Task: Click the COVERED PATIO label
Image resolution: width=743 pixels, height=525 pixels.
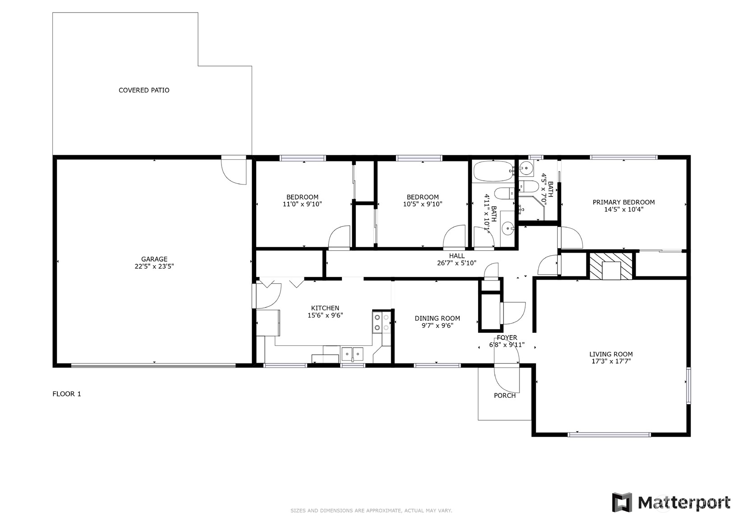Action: [x=144, y=90]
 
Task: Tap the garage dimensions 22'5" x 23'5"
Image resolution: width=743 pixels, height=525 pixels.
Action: [x=154, y=267]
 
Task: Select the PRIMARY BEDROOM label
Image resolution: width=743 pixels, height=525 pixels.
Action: [x=623, y=202]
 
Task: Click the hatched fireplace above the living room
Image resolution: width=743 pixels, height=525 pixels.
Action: [x=611, y=266]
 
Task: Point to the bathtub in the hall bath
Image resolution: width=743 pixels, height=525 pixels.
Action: [x=493, y=171]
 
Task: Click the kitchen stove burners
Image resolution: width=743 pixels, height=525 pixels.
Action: [x=381, y=322]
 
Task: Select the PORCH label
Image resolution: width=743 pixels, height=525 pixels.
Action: [x=504, y=396]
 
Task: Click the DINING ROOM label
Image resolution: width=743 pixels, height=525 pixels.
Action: [x=437, y=318]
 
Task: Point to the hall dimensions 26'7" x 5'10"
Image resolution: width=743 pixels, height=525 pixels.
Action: [x=457, y=263]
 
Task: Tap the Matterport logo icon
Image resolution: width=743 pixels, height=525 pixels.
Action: [x=621, y=502]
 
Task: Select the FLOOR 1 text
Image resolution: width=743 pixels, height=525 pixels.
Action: [x=67, y=394]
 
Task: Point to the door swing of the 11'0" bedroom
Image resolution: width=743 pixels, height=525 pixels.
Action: [x=339, y=238]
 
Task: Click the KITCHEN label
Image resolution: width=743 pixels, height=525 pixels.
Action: [x=325, y=308]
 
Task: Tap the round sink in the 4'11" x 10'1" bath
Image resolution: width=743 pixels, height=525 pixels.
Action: [x=508, y=229]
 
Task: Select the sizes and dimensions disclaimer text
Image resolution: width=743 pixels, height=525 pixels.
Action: [x=371, y=511]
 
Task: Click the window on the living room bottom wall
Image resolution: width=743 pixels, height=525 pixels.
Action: [x=609, y=435]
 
